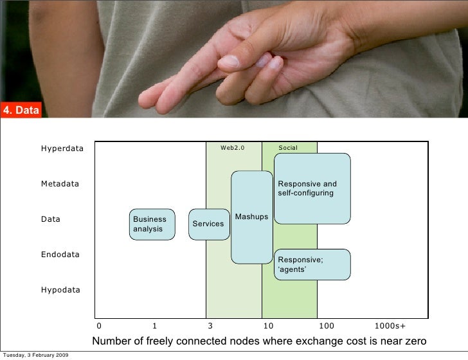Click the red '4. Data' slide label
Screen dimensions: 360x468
[x=21, y=111]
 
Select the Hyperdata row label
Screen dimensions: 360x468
[x=62, y=148]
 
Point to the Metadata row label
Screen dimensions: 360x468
[x=60, y=184]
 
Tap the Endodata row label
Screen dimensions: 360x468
[x=60, y=255]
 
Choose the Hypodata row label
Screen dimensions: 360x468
[x=60, y=290]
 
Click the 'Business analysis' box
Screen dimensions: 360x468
[x=152, y=224]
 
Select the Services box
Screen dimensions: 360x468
[x=209, y=224]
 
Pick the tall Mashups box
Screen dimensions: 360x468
[x=252, y=217]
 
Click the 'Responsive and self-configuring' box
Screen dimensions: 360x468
[x=312, y=188]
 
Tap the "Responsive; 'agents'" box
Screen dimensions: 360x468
[x=312, y=264]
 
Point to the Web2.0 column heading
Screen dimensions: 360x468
[x=233, y=148]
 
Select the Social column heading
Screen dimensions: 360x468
[x=288, y=148]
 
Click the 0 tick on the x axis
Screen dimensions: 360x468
[x=98, y=326]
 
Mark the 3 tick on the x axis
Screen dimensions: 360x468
[x=210, y=326]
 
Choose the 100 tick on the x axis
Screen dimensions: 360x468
[x=326, y=326]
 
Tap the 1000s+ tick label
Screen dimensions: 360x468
[x=390, y=326]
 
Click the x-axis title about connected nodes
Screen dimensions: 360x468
[x=259, y=341]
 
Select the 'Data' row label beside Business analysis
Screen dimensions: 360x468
[x=51, y=219]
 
